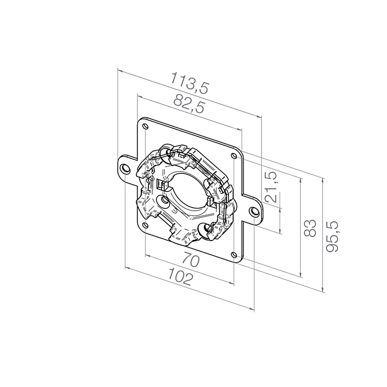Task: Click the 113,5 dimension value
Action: pos(190,83)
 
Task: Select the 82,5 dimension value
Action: pos(189,104)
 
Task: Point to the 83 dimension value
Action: pos(310,228)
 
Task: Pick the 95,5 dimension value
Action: pos(332,236)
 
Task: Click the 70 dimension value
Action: pos(190,261)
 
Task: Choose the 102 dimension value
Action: pos(180,277)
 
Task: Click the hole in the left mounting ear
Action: pos(125,168)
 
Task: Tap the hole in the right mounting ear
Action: pos(253,211)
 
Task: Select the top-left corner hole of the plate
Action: pos(146,126)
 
